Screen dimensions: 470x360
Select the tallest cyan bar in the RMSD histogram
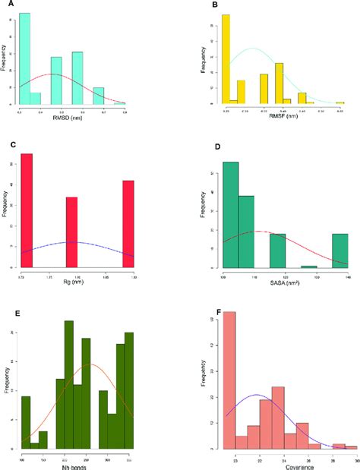(x=25, y=58)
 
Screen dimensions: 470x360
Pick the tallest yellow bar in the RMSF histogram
(x=226, y=58)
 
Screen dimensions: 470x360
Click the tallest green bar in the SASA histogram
(x=230, y=214)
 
